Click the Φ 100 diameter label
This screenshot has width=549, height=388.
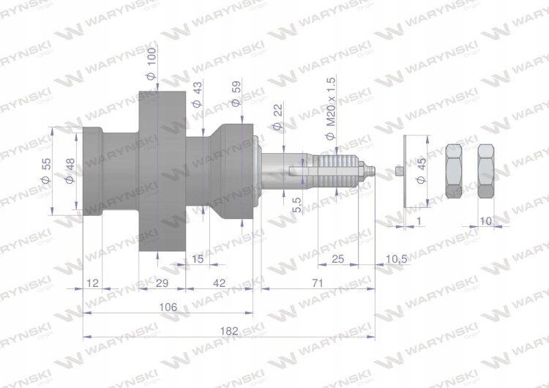[x=152, y=64]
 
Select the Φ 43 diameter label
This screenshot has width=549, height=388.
[x=197, y=94]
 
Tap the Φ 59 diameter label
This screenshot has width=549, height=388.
[x=236, y=94]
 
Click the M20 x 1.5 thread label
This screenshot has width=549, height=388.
[x=330, y=108]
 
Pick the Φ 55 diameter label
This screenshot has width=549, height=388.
[x=46, y=171]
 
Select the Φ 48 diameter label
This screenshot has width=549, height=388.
[x=70, y=171]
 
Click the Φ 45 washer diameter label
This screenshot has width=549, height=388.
[x=422, y=171]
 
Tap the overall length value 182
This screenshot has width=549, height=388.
[x=229, y=331]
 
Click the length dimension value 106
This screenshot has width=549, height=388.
[x=168, y=307]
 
